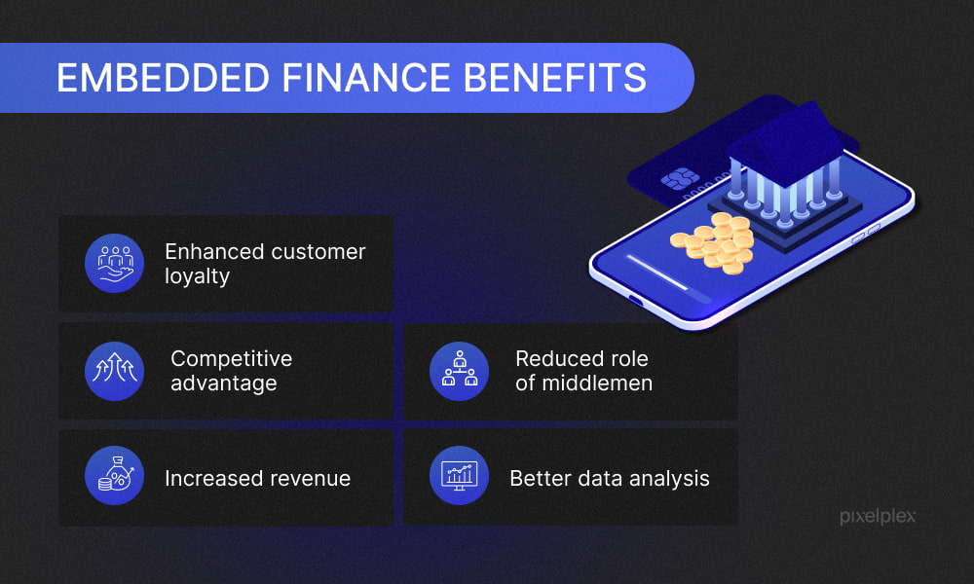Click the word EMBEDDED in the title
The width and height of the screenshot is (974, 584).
tap(163, 78)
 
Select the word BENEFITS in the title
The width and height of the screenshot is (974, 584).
tap(555, 78)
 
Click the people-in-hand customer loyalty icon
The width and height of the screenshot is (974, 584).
tap(114, 263)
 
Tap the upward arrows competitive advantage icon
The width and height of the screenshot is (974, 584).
tap(114, 371)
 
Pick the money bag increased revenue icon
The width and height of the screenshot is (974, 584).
tap(114, 475)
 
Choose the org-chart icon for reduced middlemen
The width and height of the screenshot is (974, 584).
tap(459, 371)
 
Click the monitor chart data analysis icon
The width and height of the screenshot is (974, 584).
tap(459, 475)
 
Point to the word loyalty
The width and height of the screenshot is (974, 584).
tap(197, 276)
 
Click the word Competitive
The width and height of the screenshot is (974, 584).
tap(231, 359)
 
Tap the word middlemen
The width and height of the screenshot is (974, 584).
tap(597, 383)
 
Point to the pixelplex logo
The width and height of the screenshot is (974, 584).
tap(878, 516)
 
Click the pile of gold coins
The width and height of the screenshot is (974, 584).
tap(713, 243)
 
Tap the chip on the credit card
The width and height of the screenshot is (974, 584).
tap(680, 179)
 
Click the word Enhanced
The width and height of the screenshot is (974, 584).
tap(210, 251)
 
